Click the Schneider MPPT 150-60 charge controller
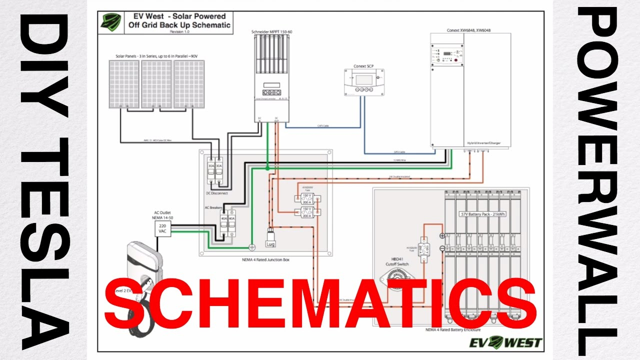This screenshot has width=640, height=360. click(268, 75)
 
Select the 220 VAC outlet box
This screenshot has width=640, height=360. click(163, 229)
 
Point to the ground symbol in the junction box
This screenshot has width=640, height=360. click(252, 246)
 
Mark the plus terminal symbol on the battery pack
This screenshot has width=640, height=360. click(442, 236)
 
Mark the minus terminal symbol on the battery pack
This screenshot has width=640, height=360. click(442, 248)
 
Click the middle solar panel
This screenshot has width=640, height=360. click(157, 84)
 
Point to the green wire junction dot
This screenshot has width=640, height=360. click(268, 169)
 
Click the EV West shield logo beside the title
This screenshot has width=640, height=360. click(110, 22)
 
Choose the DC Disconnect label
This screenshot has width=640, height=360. click(217, 193)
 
